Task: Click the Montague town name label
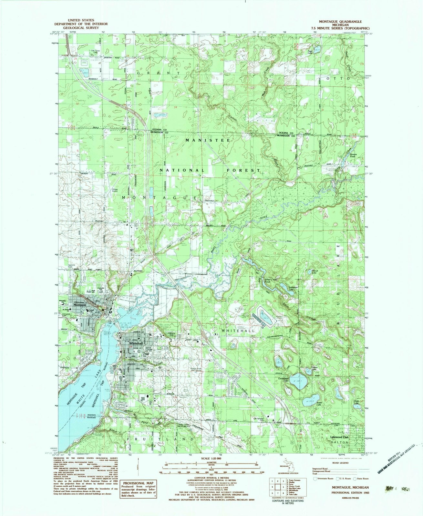pos(80,305)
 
